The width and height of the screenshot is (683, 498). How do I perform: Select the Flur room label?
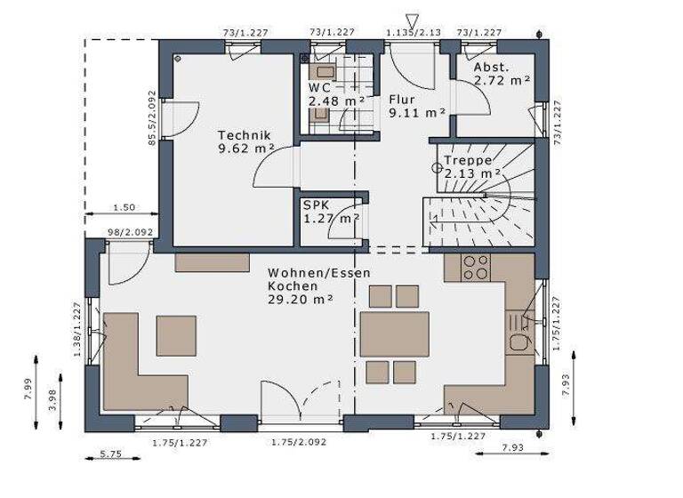coord(405,99)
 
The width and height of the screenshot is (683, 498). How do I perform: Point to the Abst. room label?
coord(491,68)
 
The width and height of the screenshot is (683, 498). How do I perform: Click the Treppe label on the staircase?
coord(468,160)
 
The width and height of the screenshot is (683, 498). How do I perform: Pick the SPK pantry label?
coord(317,204)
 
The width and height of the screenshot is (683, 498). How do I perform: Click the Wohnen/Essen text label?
coord(319,273)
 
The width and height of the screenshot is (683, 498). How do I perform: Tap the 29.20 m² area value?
coord(301,301)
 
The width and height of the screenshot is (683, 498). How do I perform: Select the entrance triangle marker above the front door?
coord(411,20)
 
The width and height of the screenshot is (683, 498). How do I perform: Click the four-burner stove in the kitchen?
coord(476,267)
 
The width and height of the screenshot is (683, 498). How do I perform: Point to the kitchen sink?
coord(517,342)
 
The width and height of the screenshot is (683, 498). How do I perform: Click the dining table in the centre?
coord(394,334)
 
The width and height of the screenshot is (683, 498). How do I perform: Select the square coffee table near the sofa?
coord(176,335)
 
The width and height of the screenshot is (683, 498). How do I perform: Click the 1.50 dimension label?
coord(124,207)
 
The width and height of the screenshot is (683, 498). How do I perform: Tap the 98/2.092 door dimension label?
coord(130,233)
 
